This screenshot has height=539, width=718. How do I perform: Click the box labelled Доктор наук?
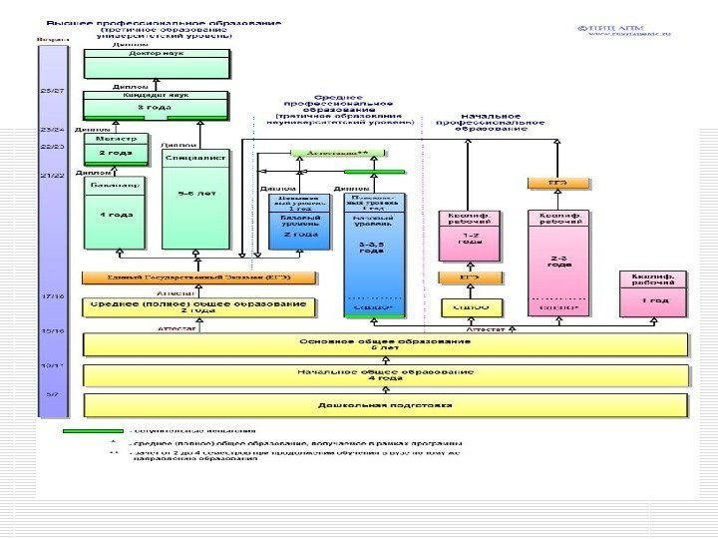(x=156, y=63)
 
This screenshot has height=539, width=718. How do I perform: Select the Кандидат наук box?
(x=156, y=104)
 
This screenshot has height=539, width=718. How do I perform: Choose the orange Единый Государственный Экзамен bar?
(x=198, y=276)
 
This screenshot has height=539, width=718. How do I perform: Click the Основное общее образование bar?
(x=385, y=344)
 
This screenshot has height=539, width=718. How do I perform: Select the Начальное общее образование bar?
(x=385, y=375)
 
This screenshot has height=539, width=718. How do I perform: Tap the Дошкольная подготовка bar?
(x=385, y=405)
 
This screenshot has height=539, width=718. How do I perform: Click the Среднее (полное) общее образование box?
(x=198, y=306)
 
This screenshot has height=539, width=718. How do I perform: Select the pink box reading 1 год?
(x=654, y=291)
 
